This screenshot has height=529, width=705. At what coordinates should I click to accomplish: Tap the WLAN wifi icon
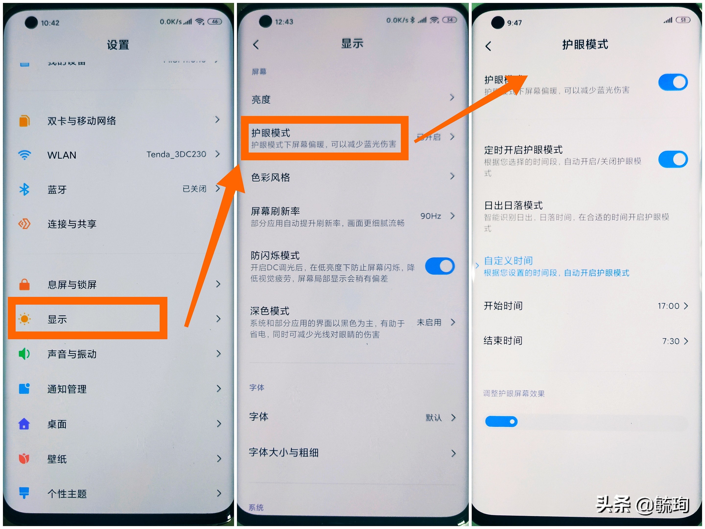24,155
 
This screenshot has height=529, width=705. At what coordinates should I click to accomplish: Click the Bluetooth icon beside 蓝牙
24,189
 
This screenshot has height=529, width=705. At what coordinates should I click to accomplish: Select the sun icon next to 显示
24,319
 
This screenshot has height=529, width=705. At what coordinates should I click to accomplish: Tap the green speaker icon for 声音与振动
24,354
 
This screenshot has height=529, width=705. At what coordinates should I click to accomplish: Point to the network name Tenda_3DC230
176,154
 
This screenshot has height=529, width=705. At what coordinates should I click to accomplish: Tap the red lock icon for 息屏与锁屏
24,284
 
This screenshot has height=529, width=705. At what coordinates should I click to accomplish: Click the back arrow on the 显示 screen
256,45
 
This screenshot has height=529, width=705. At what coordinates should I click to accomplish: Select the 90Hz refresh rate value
431,216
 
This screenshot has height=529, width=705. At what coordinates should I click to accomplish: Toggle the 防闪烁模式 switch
440,266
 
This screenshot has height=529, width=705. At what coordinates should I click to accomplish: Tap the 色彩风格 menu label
270,177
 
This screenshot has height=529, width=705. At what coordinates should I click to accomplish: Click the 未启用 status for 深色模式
429,322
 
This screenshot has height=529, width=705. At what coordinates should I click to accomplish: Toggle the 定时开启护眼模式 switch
673,159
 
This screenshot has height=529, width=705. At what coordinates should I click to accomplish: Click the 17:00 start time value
668,306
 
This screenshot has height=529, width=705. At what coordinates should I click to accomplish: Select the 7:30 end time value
670,341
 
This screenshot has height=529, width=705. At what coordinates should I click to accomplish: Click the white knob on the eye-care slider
512,421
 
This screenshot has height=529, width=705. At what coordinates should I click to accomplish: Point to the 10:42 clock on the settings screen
50,23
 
